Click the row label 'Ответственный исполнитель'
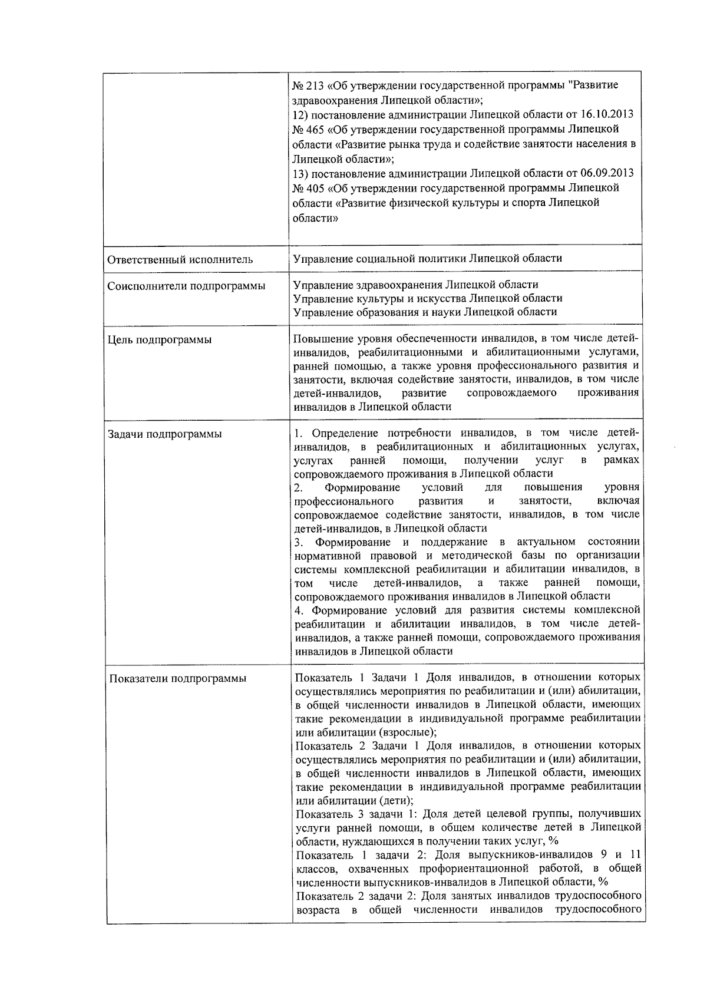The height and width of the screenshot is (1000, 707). click(x=180, y=259)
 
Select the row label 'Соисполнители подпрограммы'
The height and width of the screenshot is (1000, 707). click(x=186, y=286)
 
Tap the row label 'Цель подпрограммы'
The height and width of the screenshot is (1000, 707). click(x=160, y=340)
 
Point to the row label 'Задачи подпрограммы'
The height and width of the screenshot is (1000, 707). click(x=164, y=435)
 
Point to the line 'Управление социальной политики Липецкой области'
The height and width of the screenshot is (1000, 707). click(x=427, y=258)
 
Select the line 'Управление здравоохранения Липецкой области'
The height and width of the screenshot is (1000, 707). click(x=415, y=285)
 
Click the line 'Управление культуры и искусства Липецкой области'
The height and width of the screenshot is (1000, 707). click(x=427, y=298)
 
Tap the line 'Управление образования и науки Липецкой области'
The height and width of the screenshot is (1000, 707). click(x=424, y=312)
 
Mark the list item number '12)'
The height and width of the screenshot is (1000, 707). click(x=300, y=114)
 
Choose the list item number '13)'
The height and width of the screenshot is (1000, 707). click(x=300, y=173)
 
